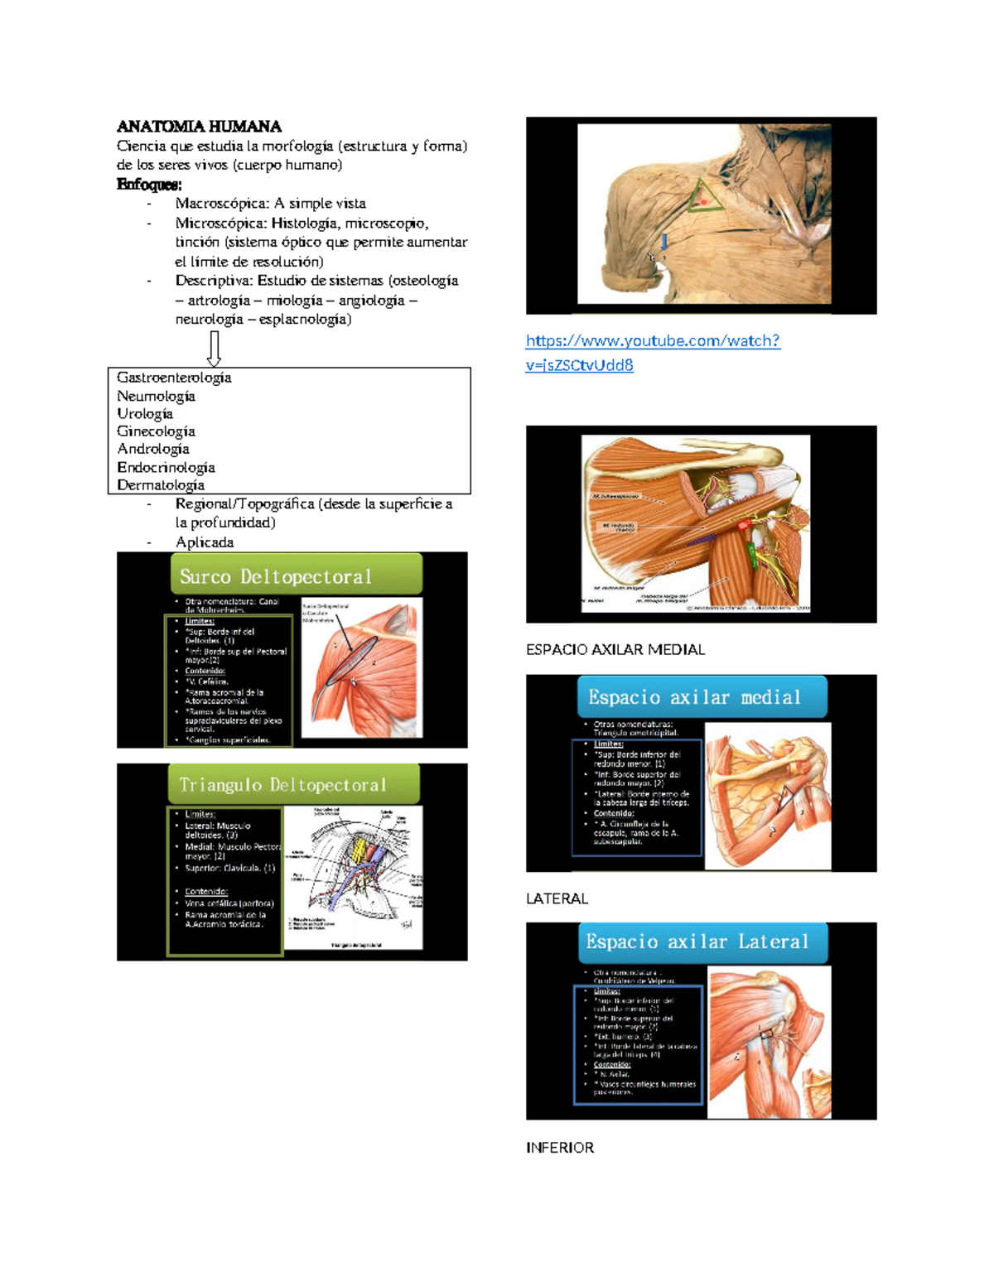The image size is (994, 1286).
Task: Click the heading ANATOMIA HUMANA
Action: coord(199,127)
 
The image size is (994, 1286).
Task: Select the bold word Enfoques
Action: coord(149,184)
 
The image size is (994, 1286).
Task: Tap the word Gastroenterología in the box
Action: coord(174,378)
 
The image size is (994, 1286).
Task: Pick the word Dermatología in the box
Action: coord(161,485)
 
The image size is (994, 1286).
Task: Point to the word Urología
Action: coord(145,413)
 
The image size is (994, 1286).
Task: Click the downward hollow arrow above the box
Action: coord(214,349)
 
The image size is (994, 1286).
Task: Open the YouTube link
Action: coord(653,352)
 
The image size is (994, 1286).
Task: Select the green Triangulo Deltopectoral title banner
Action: coord(294,784)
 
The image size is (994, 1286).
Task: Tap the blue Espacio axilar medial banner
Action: coord(702,697)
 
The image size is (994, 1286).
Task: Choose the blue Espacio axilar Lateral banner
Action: coord(702,942)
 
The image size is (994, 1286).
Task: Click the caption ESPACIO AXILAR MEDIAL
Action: coord(615,650)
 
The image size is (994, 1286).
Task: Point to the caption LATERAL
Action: coord(557,899)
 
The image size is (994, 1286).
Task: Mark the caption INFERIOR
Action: coord(560,1148)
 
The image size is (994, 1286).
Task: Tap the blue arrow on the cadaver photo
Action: coord(664,241)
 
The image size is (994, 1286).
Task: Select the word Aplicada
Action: coord(205,542)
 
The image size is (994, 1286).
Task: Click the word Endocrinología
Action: coord(166,467)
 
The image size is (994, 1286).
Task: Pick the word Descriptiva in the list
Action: coord(212,281)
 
